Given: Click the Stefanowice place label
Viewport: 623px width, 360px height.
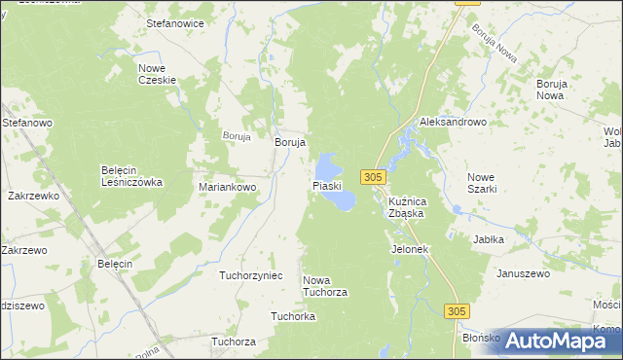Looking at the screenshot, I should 174,20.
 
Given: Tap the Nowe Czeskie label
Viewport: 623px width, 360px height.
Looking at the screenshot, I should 155,74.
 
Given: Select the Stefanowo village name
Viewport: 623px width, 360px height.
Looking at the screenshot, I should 26,124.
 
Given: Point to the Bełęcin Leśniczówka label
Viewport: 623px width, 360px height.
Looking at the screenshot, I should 131,175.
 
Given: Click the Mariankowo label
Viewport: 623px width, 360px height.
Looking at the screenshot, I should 227,186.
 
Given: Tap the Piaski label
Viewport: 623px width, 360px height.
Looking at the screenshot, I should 326,185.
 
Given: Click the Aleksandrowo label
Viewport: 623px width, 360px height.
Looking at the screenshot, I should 453,123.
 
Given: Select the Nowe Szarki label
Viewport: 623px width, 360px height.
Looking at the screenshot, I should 481,182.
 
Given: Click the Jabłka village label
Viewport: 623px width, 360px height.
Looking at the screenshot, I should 488,238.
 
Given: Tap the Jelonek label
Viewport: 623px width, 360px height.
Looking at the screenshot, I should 410,249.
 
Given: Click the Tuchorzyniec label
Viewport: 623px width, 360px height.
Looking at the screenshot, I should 250,275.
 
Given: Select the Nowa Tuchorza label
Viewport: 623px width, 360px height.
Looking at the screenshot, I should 325,286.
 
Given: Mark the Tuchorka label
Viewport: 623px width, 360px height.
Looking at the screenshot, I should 292,316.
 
